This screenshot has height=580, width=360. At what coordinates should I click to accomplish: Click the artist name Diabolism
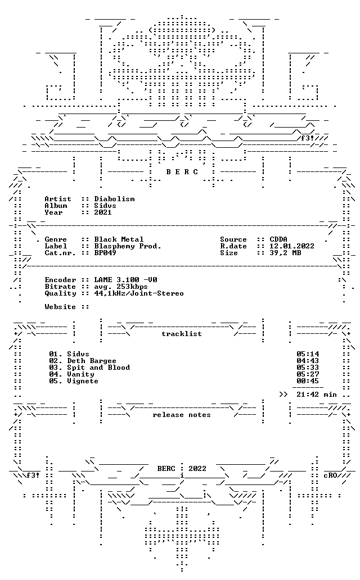point(114,199)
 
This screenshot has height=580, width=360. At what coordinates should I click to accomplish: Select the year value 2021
point(103,212)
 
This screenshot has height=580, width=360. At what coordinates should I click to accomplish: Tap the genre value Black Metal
point(119,239)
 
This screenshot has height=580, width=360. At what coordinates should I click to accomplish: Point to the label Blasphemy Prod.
point(128,246)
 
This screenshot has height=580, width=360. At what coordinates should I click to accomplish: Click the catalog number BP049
point(105,253)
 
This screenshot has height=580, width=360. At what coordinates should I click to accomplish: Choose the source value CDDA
point(278,239)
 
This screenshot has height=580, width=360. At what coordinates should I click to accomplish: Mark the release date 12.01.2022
point(292,246)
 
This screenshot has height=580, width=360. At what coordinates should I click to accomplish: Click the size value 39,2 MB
point(285,253)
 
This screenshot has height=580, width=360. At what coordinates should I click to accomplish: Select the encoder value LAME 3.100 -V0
point(125,280)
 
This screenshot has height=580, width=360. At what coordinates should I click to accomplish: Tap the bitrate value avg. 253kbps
point(121,287)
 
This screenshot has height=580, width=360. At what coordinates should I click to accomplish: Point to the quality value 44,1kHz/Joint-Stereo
point(139,293)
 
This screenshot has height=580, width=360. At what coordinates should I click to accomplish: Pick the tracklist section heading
point(182,334)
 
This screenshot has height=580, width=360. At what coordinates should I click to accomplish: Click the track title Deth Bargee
point(92,361)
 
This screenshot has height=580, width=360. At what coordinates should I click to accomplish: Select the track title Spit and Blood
point(98,368)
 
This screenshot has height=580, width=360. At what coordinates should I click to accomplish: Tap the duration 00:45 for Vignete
point(308,381)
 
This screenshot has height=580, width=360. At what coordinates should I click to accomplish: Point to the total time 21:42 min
point(317,395)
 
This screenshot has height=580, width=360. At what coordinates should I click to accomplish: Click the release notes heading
point(182,415)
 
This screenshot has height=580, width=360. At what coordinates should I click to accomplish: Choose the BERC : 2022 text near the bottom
point(182,469)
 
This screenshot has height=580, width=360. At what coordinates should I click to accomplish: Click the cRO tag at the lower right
point(330,475)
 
